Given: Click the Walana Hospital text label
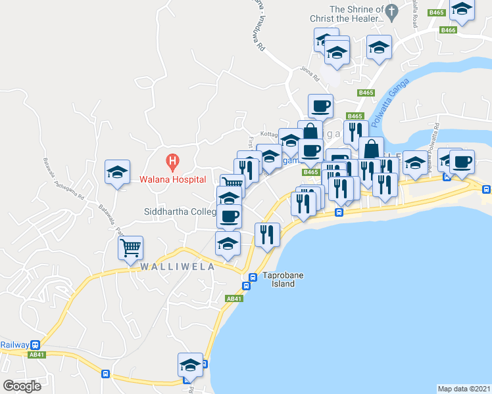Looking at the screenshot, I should point(172,179).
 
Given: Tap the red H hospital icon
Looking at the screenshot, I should point(172,160).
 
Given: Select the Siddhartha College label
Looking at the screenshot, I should point(180,212).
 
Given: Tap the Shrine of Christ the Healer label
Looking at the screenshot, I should point(356,14).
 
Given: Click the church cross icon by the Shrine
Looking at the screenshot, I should point(392,11).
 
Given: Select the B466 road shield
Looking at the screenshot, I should point(449,30).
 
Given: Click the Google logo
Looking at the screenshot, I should point(22,385).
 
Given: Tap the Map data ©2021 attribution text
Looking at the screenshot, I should point(464,388).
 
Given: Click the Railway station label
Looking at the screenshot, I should point(14,345).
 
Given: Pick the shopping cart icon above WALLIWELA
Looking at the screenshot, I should point(131,248).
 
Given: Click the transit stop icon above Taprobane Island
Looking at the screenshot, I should point(250,276).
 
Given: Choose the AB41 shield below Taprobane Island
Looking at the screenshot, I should point(234,299).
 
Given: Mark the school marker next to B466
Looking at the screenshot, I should point(462,9).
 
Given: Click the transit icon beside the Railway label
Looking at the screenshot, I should point(35,345).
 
